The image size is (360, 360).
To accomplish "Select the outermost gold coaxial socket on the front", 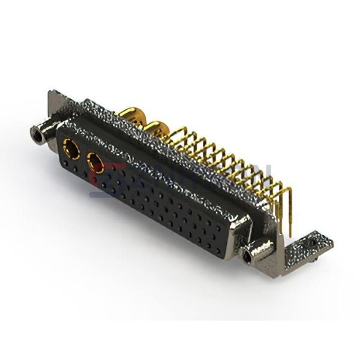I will pos(71,148).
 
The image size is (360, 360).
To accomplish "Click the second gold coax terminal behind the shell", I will pos(157,128).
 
